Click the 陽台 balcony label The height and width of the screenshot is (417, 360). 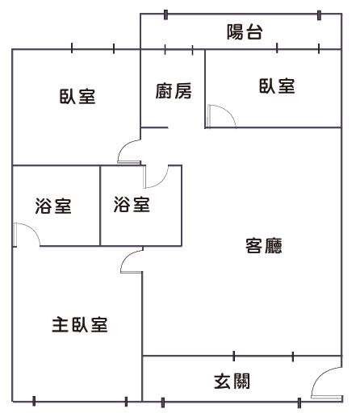click(245, 32)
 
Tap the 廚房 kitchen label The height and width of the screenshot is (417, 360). click(174, 91)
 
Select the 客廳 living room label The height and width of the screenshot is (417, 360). click(264, 245)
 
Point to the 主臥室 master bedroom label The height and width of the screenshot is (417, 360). click(80, 324)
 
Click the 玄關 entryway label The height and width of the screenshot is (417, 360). click(232, 381)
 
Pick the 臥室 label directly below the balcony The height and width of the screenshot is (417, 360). click(277, 86)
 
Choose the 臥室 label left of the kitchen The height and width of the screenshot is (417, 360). click(77, 96)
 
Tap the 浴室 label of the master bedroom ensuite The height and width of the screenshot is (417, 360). click(53, 206)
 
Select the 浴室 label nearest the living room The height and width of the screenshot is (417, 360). click(132, 204)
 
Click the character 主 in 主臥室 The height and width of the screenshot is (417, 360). click(61, 324)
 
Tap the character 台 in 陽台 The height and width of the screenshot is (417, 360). click(253, 32)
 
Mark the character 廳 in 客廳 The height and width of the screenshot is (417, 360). click(274, 245)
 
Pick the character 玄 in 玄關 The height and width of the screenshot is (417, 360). click(223, 381)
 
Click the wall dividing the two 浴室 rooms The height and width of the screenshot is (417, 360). click(100, 206)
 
